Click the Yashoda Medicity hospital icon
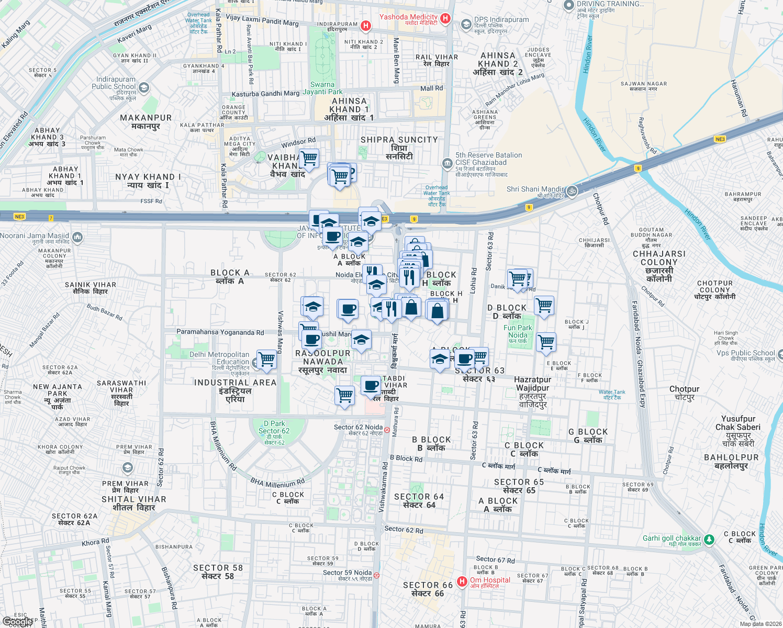pyautogui.click(x=445, y=19)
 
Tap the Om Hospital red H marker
pyautogui.click(x=462, y=581)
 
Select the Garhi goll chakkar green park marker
pyautogui.click(x=709, y=540)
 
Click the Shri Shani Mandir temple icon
pyautogui.click(x=572, y=191)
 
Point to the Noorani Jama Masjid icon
pyautogui.click(x=77, y=238)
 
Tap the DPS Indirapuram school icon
pyautogui.click(x=466, y=25)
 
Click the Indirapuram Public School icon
pyautogui.click(x=144, y=87)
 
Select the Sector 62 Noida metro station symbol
pyautogui.click(x=387, y=430)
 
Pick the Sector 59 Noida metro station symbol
pyautogui.click(x=376, y=576)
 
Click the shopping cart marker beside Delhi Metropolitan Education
pyautogui.click(x=266, y=360)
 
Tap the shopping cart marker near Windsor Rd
pyautogui.click(x=309, y=158)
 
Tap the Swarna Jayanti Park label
pyautogui.click(x=322, y=88)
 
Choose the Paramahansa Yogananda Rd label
pyautogui.click(x=220, y=332)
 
